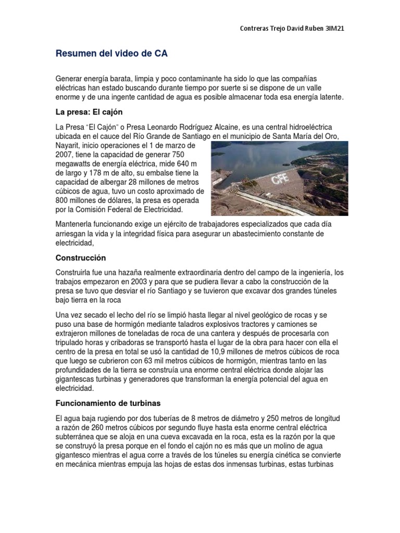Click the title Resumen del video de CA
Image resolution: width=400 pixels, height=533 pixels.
(112, 54)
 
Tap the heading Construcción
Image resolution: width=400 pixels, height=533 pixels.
(81, 258)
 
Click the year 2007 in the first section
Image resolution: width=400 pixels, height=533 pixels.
(64, 155)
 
